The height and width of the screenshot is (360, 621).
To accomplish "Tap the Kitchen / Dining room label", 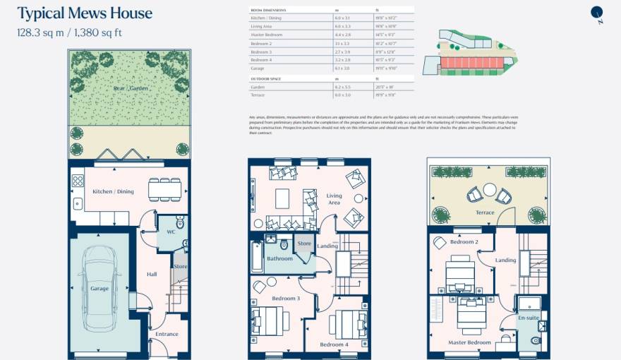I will (x=113, y=191).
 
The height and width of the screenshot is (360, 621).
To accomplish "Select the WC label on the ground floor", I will (x=170, y=232).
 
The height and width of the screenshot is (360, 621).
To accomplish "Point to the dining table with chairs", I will (x=164, y=188).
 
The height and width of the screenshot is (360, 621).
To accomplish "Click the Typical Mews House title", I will (x=84, y=13).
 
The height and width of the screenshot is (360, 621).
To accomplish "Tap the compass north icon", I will (x=597, y=13).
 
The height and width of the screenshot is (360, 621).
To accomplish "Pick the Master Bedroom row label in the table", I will (x=267, y=34).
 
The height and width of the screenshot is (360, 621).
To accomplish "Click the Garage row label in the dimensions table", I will (x=258, y=68).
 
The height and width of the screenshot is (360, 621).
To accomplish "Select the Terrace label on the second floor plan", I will (x=485, y=212).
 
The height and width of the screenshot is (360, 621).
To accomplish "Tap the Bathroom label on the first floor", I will (x=279, y=258).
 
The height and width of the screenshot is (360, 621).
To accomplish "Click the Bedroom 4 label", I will (x=334, y=344).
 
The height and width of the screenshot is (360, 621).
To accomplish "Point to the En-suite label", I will (x=529, y=319).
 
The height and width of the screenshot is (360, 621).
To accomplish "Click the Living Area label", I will (x=334, y=199).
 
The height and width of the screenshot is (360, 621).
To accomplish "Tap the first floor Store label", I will (x=303, y=244).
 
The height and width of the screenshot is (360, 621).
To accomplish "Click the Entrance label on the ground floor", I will (x=167, y=334).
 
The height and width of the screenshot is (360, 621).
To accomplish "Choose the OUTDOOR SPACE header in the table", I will (x=266, y=78).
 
